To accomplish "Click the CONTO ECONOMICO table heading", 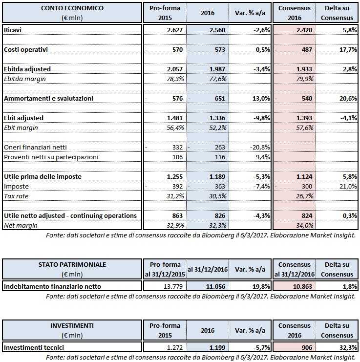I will (x=72, y=9).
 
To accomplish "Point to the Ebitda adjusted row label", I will (x=27, y=69).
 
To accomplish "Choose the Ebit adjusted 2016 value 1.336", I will (x=216, y=118).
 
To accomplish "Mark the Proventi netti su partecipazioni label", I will (x=51, y=157).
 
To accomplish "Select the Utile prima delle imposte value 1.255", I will (x=172, y=176).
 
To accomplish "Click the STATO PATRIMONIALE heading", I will (x=72, y=264).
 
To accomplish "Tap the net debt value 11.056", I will (x=213, y=286).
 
